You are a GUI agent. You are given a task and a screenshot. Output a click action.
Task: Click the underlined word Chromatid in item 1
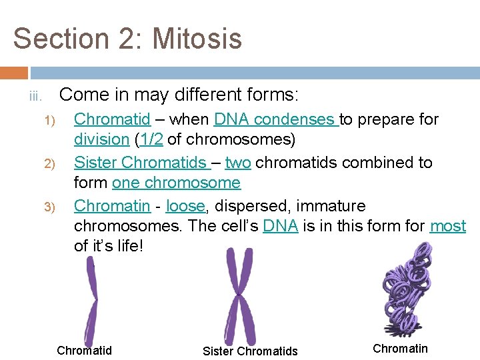112,119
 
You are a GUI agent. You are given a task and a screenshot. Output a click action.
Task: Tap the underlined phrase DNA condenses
276,119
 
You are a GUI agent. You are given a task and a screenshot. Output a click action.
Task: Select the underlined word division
101,140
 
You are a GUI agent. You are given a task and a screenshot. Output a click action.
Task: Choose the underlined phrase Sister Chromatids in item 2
141,163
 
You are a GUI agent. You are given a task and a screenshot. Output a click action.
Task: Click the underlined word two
238,163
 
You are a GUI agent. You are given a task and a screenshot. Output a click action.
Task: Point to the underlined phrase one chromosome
176,183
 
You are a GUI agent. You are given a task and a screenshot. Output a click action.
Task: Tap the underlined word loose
185,205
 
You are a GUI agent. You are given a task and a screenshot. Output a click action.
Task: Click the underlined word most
448,226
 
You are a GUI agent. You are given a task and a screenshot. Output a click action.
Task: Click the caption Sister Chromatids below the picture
250,351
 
